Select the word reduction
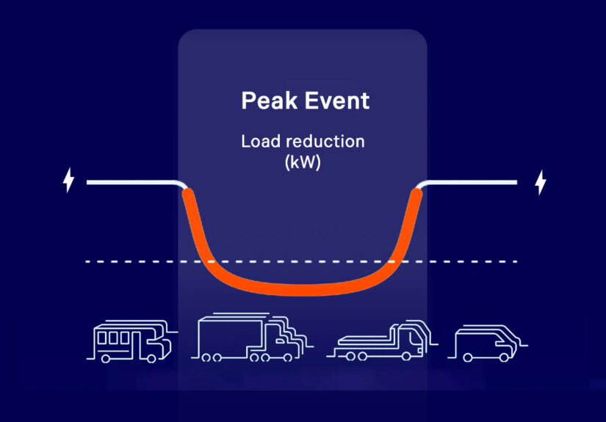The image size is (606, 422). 323,141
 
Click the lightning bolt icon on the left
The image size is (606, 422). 68,180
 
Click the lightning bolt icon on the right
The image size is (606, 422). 541,182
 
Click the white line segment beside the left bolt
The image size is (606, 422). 132,182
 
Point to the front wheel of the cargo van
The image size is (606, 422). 504,357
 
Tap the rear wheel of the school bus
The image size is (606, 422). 107,357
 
